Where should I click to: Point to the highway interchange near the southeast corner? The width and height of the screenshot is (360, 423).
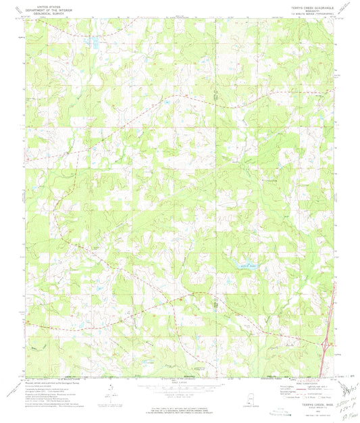pyautogui.click(x=327, y=345)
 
